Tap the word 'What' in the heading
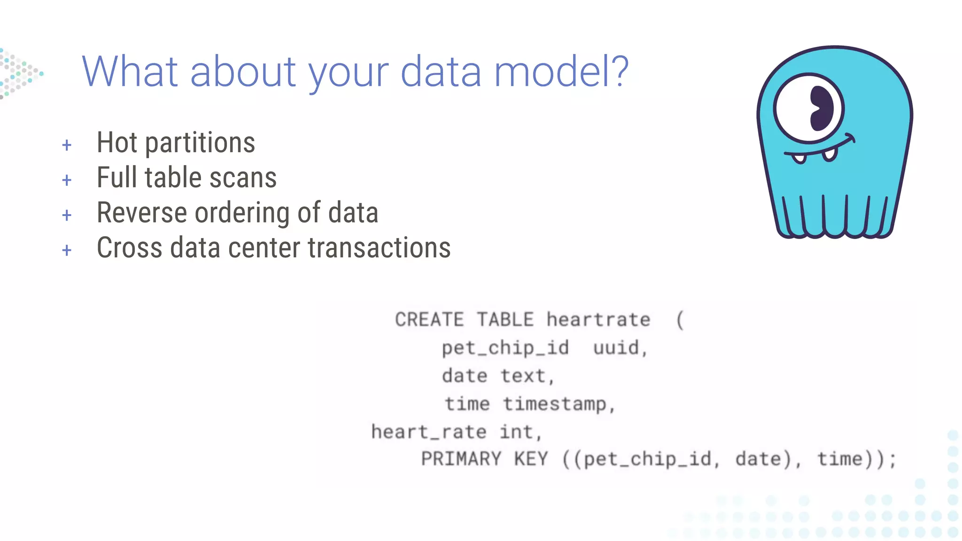tap(130, 71)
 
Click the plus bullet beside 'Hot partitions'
tap(67, 145)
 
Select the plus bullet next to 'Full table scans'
tap(67, 180)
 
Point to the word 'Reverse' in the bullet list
tap(142, 213)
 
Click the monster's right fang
tap(829, 155)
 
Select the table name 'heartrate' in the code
tap(598, 320)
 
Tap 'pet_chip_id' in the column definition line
tap(505, 348)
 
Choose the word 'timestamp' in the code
tap(555, 404)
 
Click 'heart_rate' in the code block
tap(428, 432)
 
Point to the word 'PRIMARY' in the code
tap(461, 459)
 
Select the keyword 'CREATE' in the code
tap(429, 320)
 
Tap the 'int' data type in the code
tap(516, 432)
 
